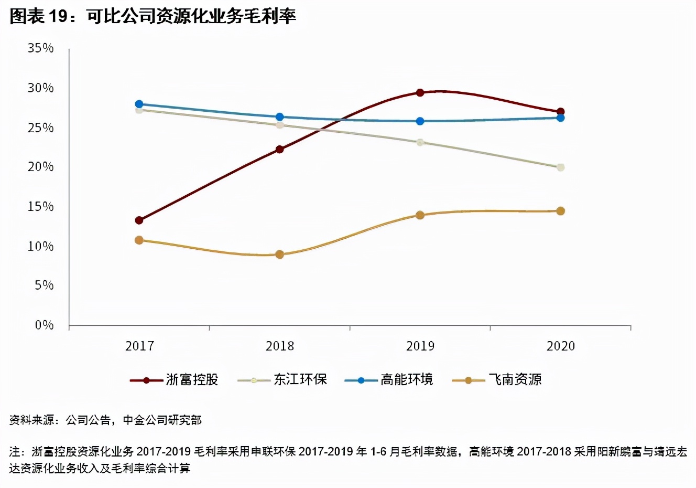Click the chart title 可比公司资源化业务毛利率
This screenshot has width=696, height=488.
pyautogui.click(x=191, y=16)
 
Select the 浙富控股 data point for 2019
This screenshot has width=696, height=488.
pyautogui.click(x=420, y=93)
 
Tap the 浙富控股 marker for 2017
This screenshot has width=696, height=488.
pyautogui.click(x=139, y=220)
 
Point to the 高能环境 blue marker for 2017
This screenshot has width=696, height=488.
pyautogui.click(x=139, y=104)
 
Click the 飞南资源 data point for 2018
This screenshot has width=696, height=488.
pyautogui.click(x=279, y=254)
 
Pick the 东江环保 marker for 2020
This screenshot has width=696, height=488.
pyautogui.click(x=560, y=167)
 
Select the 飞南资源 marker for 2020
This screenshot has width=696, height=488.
pyautogui.click(x=560, y=211)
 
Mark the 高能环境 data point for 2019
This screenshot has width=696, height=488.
pyautogui.click(x=420, y=121)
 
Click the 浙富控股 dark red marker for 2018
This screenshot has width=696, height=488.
pyautogui.click(x=279, y=150)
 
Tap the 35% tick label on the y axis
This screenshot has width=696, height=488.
pyautogui.click(x=41, y=48)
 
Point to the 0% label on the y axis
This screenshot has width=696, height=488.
pyautogui.click(x=44, y=325)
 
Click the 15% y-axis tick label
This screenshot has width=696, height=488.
pyautogui.click(x=41, y=207)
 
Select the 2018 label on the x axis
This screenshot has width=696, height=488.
pyautogui.click(x=279, y=346)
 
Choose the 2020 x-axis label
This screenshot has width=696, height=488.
pyautogui.click(x=560, y=346)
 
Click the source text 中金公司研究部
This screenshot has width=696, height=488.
pyautogui.click(x=162, y=420)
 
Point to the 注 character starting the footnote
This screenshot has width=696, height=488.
pyautogui.click(x=15, y=452)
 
